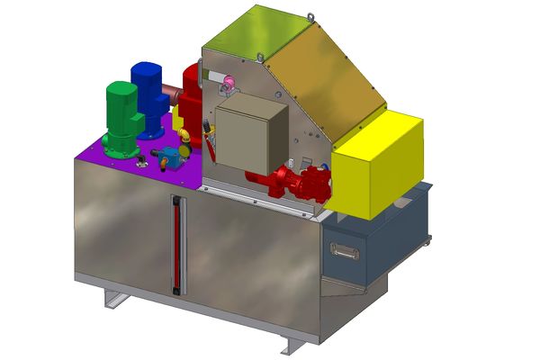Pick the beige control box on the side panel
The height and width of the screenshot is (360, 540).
[x=253, y=135]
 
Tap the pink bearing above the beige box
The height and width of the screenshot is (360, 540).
[x=227, y=85]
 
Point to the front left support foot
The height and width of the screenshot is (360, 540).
[x=112, y=298]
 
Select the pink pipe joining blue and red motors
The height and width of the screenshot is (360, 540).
[x=172, y=90]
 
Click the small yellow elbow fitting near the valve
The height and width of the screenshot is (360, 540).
[x=184, y=136]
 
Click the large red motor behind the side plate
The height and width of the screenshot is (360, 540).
[x=191, y=90]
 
